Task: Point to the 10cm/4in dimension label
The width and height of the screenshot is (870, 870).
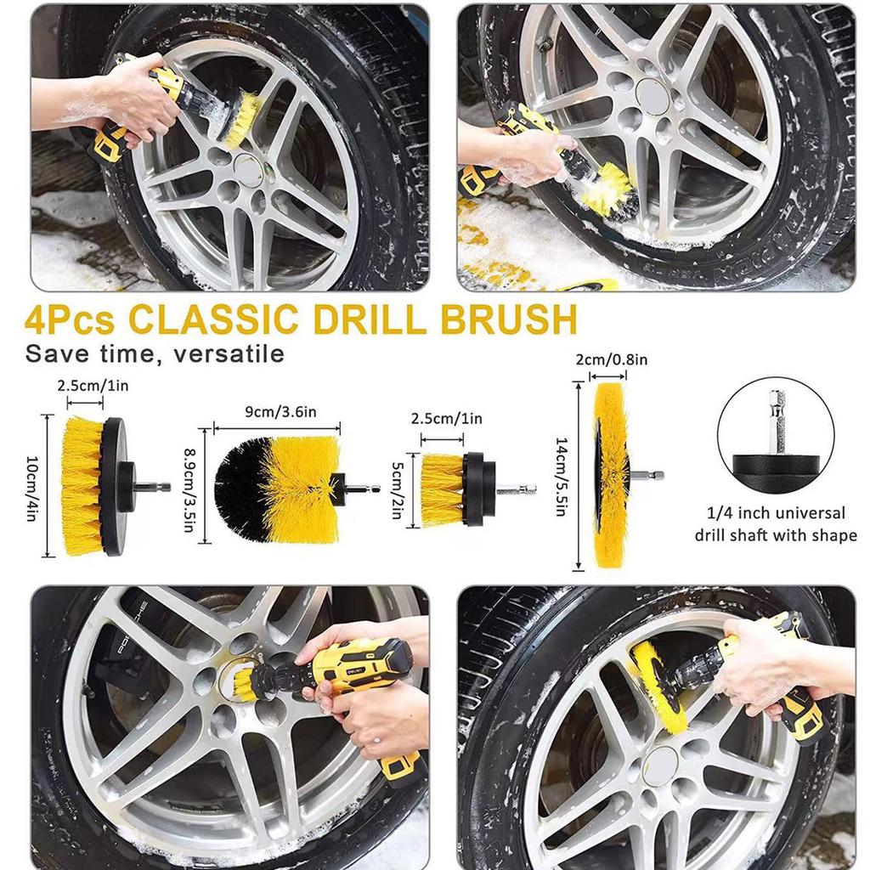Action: coord(31,487)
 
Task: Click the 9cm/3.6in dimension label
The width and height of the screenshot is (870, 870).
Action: coord(276,413)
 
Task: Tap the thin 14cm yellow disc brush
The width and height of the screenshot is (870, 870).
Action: coord(610,476)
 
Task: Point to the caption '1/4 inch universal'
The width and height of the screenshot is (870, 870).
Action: coord(776,513)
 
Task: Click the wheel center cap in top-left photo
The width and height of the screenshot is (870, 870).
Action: coord(247,169)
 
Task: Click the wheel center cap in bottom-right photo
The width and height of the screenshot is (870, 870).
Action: coord(659,765)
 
